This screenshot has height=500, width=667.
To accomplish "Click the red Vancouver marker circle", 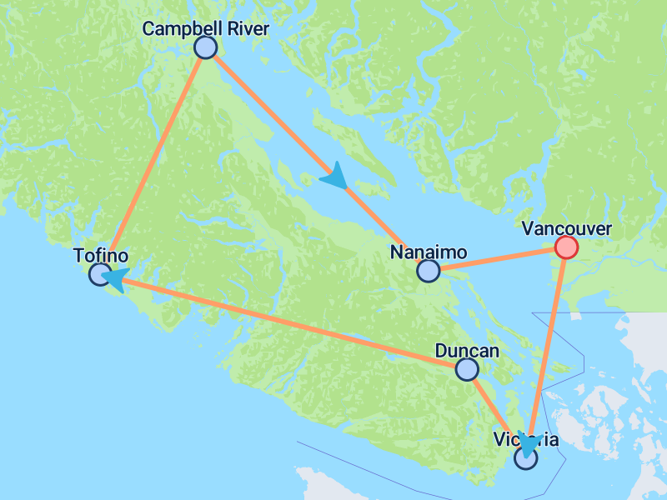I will coord(566,247).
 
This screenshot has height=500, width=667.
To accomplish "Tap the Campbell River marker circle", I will coord(205,47).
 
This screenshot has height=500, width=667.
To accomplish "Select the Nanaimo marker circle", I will coord(428,270).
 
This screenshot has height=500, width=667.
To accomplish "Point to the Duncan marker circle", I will coord(467,368).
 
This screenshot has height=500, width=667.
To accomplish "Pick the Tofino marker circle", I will coord(100,273).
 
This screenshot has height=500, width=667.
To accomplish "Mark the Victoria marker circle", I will coord(526,457).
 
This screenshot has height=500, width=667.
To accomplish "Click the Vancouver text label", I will coord(565,228).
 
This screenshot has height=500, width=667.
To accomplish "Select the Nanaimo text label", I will coord(428,252).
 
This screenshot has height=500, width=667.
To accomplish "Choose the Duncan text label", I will coord(467,350).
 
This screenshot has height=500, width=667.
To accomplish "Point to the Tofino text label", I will coord(100,255).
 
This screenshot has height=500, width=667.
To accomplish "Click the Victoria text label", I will coord(526,439).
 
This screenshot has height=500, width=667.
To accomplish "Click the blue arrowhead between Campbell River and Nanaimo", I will coord(334,175).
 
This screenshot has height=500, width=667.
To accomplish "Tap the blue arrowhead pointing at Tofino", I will coord(113,279).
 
